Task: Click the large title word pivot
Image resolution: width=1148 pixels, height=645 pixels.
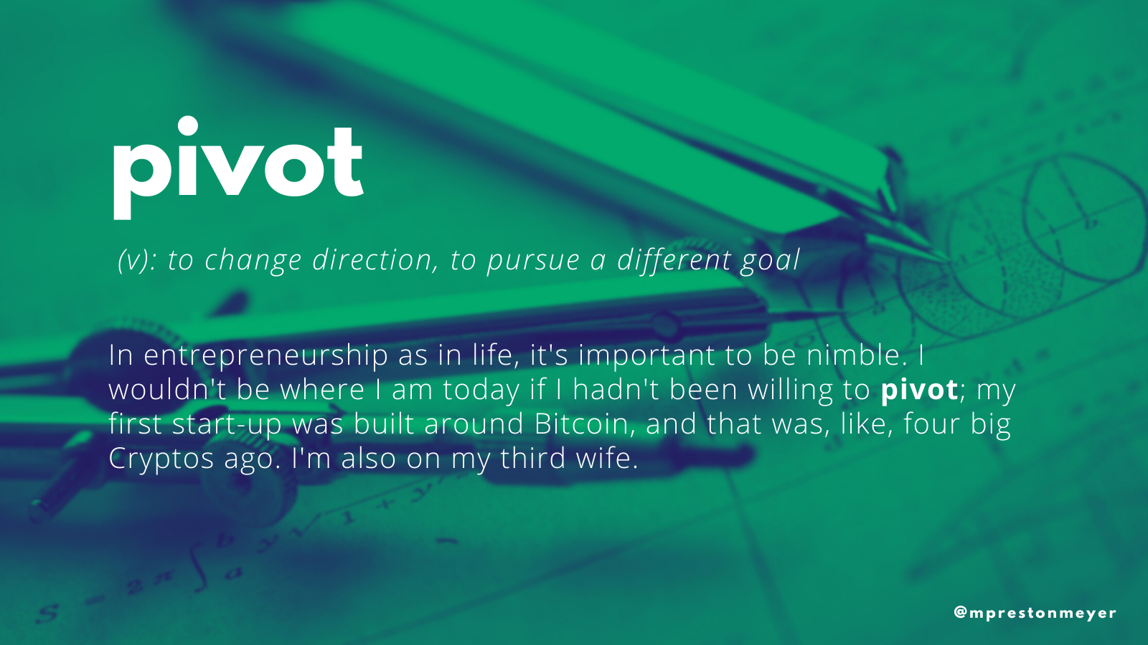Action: coord(238,168)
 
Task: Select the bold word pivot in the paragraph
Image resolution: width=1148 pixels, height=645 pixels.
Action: coord(919,391)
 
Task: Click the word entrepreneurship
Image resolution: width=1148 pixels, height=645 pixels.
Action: coord(265,356)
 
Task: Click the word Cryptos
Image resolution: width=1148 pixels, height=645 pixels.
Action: coord(161,459)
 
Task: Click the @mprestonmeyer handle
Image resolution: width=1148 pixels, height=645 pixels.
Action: coord(1035,613)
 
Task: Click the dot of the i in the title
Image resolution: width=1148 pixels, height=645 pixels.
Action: coord(187,126)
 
